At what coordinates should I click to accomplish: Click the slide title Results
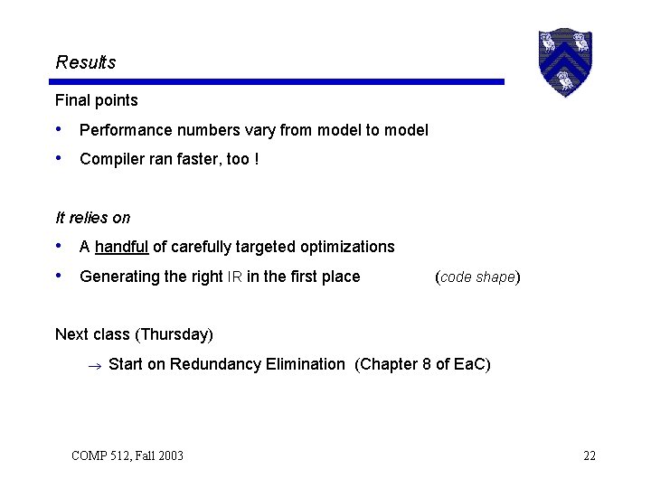86,62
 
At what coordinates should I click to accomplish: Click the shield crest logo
564,61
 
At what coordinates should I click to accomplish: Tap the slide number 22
590,455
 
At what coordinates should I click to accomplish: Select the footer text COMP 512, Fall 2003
127,455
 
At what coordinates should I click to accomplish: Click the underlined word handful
121,247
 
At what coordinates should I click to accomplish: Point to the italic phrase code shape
477,277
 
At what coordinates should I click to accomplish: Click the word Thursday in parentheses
174,334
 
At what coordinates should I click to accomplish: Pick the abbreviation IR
234,277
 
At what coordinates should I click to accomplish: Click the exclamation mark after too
257,159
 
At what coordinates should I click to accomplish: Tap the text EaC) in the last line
472,364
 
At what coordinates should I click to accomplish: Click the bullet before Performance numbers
60,130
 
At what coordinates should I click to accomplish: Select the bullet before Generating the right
60,277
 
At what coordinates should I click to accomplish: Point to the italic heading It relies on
92,218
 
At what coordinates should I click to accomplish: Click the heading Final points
96,100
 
